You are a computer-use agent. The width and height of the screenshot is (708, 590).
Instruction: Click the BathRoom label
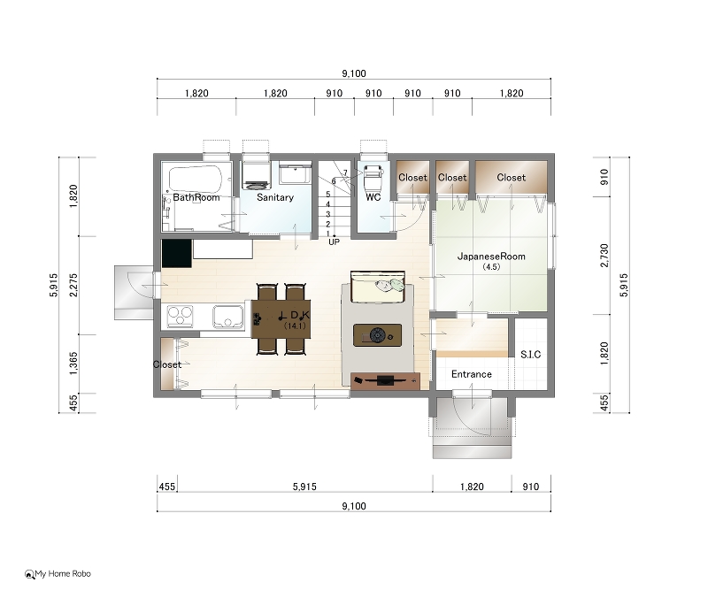(196, 197)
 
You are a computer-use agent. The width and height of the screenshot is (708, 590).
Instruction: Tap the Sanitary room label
(275, 197)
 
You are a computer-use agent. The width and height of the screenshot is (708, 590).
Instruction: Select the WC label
(373, 197)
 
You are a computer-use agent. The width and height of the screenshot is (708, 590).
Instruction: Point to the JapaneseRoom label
(491, 257)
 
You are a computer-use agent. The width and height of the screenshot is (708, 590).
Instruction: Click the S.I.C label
(530, 355)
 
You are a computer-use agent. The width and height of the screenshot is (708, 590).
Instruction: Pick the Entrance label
(472, 374)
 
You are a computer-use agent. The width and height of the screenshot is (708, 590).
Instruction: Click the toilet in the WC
(373, 178)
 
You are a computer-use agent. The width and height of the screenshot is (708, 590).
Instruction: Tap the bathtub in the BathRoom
(196, 179)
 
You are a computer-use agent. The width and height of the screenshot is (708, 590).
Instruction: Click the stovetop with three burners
(181, 316)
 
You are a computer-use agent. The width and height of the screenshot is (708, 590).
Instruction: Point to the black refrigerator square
(176, 253)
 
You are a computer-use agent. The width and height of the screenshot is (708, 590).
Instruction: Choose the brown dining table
(281, 318)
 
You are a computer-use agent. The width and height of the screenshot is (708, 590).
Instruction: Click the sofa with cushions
(378, 287)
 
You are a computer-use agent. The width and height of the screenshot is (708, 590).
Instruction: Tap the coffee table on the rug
(377, 335)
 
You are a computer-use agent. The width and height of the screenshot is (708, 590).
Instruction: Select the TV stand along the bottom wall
(386, 380)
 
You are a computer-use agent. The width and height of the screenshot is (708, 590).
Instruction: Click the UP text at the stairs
(335, 242)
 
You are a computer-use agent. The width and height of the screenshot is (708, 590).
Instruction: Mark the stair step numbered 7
(345, 172)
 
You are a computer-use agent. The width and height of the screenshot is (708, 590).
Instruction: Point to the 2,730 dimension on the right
(604, 256)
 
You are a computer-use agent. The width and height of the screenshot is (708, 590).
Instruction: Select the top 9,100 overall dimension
(354, 73)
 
